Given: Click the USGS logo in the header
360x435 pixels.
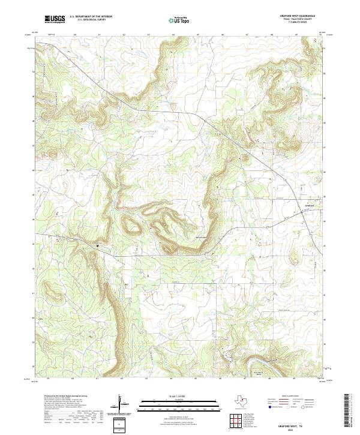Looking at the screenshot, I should click(x=55, y=19).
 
